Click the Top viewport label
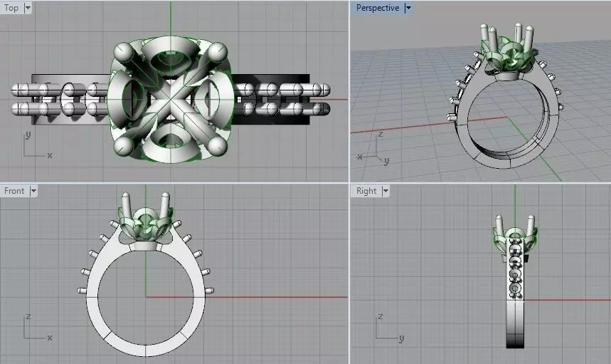(x=11, y=8)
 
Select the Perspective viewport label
(x=377, y=8)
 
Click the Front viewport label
(x=14, y=191)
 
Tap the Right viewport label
(x=366, y=191)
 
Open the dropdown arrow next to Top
(x=28, y=8)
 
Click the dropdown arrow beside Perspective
(x=408, y=8)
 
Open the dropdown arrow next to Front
(x=33, y=191)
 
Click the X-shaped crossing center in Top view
(x=171, y=100)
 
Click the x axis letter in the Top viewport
(x=49, y=155)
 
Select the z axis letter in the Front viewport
(x=28, y=316)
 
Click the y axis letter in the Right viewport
(x=401, y=338)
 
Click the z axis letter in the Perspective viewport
(x=381, y=133)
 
